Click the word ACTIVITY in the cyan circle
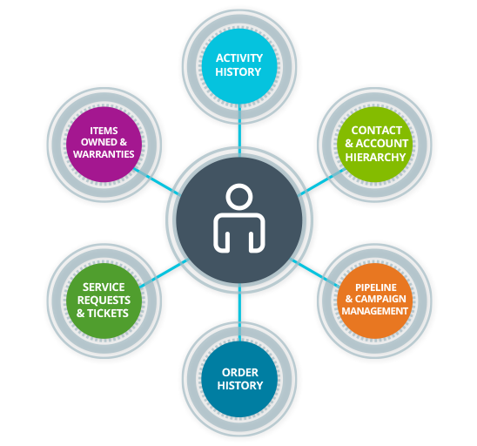[x=239, y=57]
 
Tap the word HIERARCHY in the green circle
[x=375, y=157]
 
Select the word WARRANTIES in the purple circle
[x=104, y=154]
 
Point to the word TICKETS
[x=108, y=314]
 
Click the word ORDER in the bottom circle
[x=240, y=372]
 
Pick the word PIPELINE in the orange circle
[x=376, y=287]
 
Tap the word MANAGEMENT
[x=375, y=311]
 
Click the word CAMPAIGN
[x=380, y=299]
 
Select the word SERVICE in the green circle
[x=104, y=287]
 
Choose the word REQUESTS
[x=104, y=301]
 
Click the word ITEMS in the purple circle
[x=104, y=131]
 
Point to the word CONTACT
[x=376, y=131]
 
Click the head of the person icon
[x=239, y=197]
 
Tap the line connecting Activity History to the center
[x=239, y=131]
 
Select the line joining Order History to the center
[x=239, y=313]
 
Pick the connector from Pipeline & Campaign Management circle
[x=315, y=273]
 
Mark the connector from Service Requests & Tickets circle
[x=164, y=274]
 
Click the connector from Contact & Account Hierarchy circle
[x=322, y=182]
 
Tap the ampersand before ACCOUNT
[x=349, y=144]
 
